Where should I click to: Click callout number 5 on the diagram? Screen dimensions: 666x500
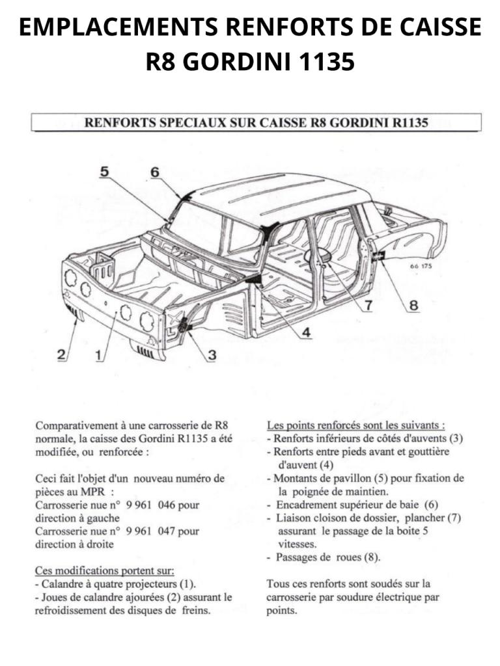(x=104, y=172)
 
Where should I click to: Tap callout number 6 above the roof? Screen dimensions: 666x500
(x=154, y=172)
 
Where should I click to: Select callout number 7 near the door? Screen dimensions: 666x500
(x=368, y=304)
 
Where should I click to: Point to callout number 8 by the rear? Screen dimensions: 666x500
(x=413, y=304)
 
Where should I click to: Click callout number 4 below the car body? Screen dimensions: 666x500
(x=305, y=332)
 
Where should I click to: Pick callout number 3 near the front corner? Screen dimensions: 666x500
(x=212, y=355)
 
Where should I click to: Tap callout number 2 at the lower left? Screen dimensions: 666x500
(x=61, y=355)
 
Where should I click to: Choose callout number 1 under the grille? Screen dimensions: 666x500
(x=98, y=355)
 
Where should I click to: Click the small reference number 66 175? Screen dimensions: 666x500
(x=421, y=266)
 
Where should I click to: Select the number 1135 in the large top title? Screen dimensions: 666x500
(x=327, y=62)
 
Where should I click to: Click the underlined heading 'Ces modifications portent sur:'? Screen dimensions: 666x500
(x=104, y=571)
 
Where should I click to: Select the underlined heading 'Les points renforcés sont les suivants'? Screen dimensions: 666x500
(x=356, y=425)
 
